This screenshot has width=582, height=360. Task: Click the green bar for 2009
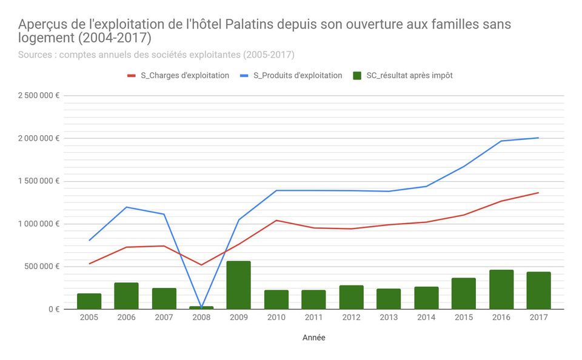pos(239,285)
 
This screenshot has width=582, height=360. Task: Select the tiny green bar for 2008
pos(201,307)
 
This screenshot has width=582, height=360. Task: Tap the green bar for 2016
pos(501,289)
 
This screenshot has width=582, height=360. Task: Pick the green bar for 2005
pos(89,301)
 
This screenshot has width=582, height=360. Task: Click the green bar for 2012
pos(351,297)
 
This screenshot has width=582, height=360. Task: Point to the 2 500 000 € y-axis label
pos(39,96)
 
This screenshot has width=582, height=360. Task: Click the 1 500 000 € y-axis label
pos(39,181)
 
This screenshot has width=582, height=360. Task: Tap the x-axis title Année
pos(313,338)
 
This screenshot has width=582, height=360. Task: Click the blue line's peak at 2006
pos(126,207)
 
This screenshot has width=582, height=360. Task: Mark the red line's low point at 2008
pos(201,265)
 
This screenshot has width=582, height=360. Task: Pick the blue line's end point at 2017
pos(538,138)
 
